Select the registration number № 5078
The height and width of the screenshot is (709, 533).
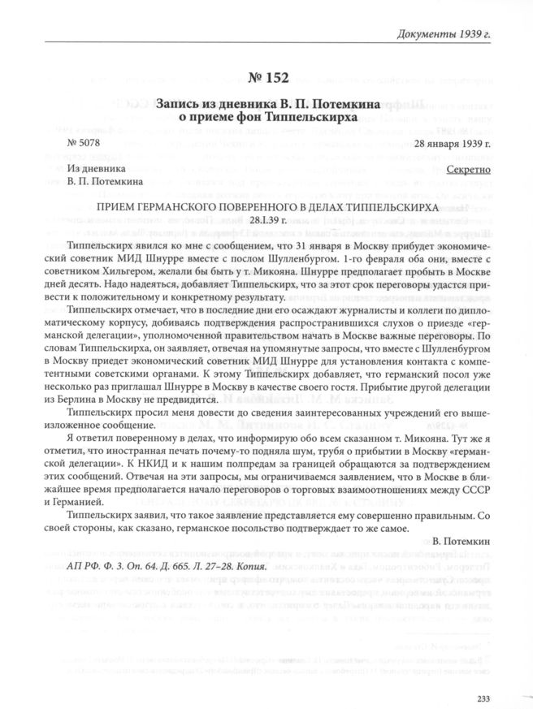pos(80,144)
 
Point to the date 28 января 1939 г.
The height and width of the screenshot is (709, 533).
pos(453,144)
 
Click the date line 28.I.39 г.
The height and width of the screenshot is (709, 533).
pos(267,221)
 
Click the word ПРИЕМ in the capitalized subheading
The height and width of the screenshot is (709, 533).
pos(118,209)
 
